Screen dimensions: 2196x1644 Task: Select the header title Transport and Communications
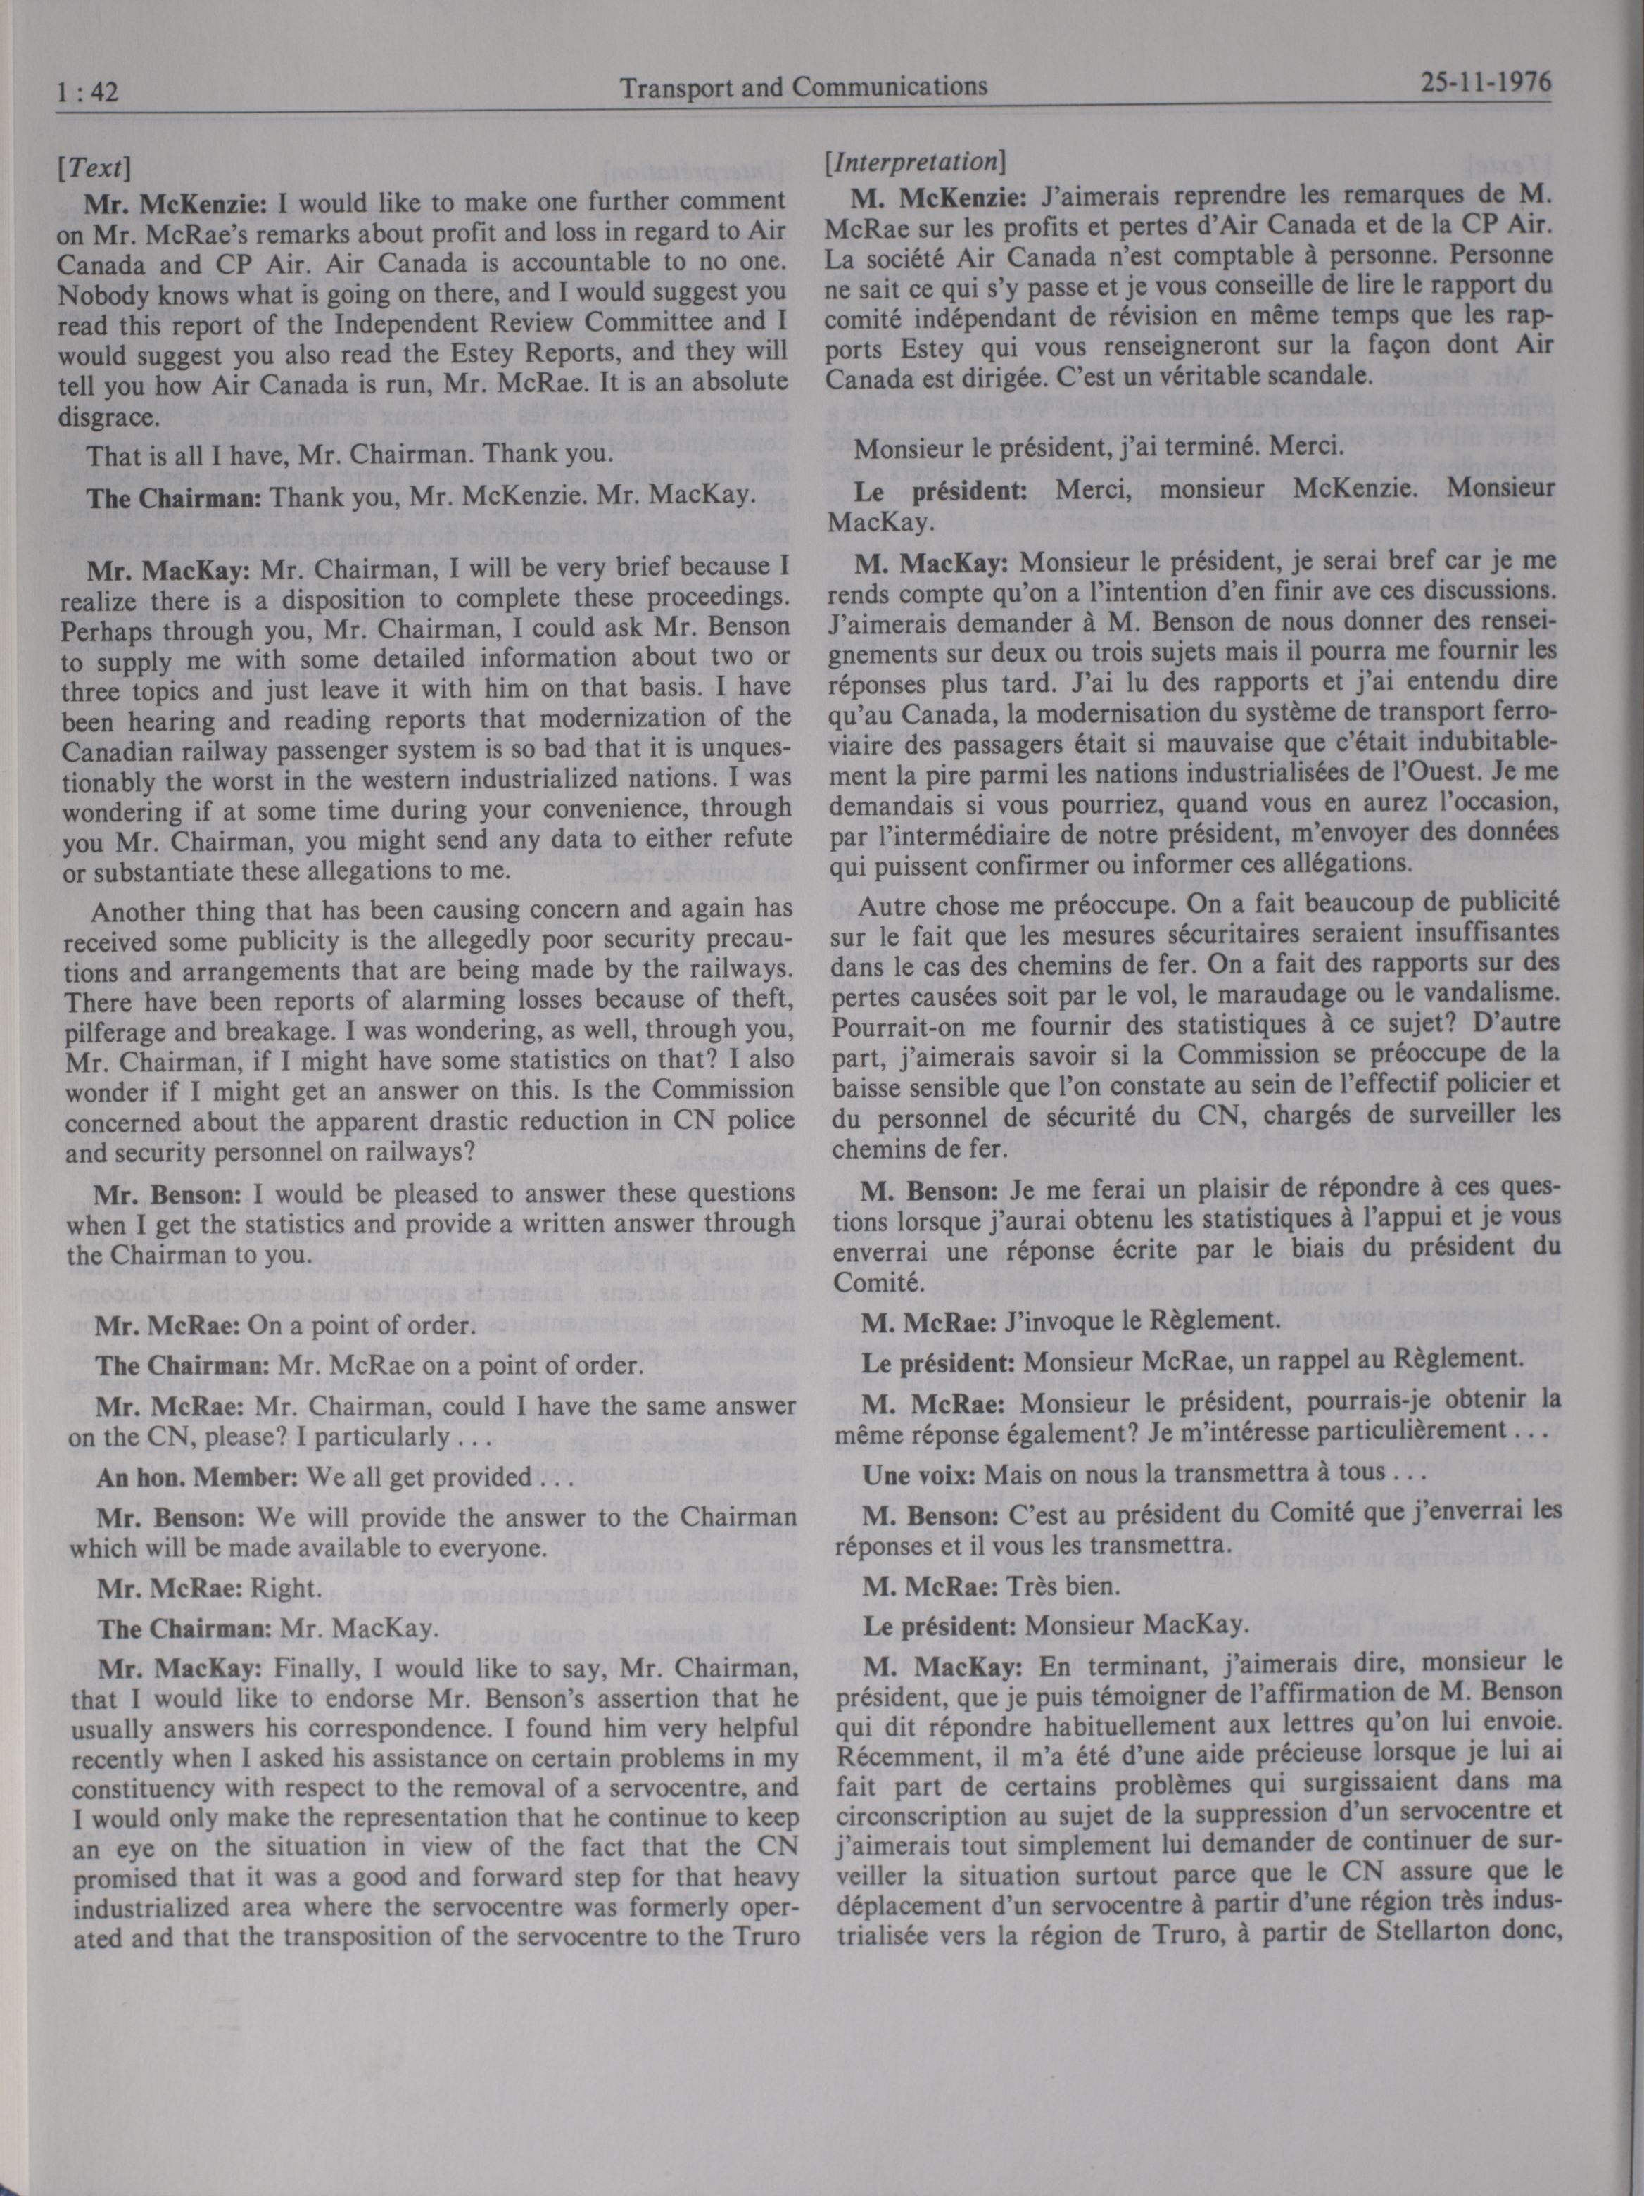[803, 87]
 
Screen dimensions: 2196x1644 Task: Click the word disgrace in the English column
[107, 416]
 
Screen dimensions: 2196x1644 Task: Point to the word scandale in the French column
[1317, 377]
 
